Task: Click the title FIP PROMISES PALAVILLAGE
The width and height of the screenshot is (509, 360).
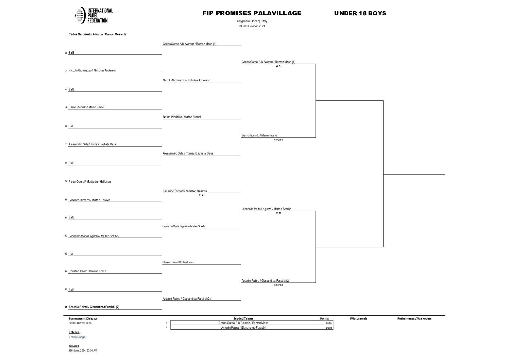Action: [x=252, y=13]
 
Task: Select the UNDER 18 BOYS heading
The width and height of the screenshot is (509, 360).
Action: [x=360, y=14]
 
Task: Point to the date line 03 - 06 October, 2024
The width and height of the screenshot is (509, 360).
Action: [x=252, y=26]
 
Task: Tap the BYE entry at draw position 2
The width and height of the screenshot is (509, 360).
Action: [x=71, y=53]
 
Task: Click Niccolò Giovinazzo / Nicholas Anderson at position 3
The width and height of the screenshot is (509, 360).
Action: [x=92, y=70]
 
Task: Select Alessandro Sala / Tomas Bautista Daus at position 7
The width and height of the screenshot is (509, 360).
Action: [x=92, y=144]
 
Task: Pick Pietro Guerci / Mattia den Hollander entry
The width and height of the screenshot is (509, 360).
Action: [x=90, y=182]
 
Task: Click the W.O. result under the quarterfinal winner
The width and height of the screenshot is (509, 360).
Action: [x=278, y=66]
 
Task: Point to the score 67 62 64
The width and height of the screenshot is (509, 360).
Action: [x=278, y=140]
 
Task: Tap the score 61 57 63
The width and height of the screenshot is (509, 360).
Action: [x=278, y=285]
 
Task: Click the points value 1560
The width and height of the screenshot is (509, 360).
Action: [x=328, y=323]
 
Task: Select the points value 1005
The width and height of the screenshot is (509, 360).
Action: [x=328, y=328]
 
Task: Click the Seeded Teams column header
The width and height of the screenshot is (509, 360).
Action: [x=243, y=318]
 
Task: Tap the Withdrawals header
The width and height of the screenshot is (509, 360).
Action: [x=358, y=318]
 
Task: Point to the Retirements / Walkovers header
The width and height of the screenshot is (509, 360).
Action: [x=414, y=318]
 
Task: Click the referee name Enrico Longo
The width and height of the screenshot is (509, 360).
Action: [x=77, y=337]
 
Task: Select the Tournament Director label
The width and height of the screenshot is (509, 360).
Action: [x=83, y=318]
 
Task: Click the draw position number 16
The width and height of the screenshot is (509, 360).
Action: [x=66, y=307]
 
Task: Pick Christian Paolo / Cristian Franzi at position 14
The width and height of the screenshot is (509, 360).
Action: [x=88, y=271]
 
